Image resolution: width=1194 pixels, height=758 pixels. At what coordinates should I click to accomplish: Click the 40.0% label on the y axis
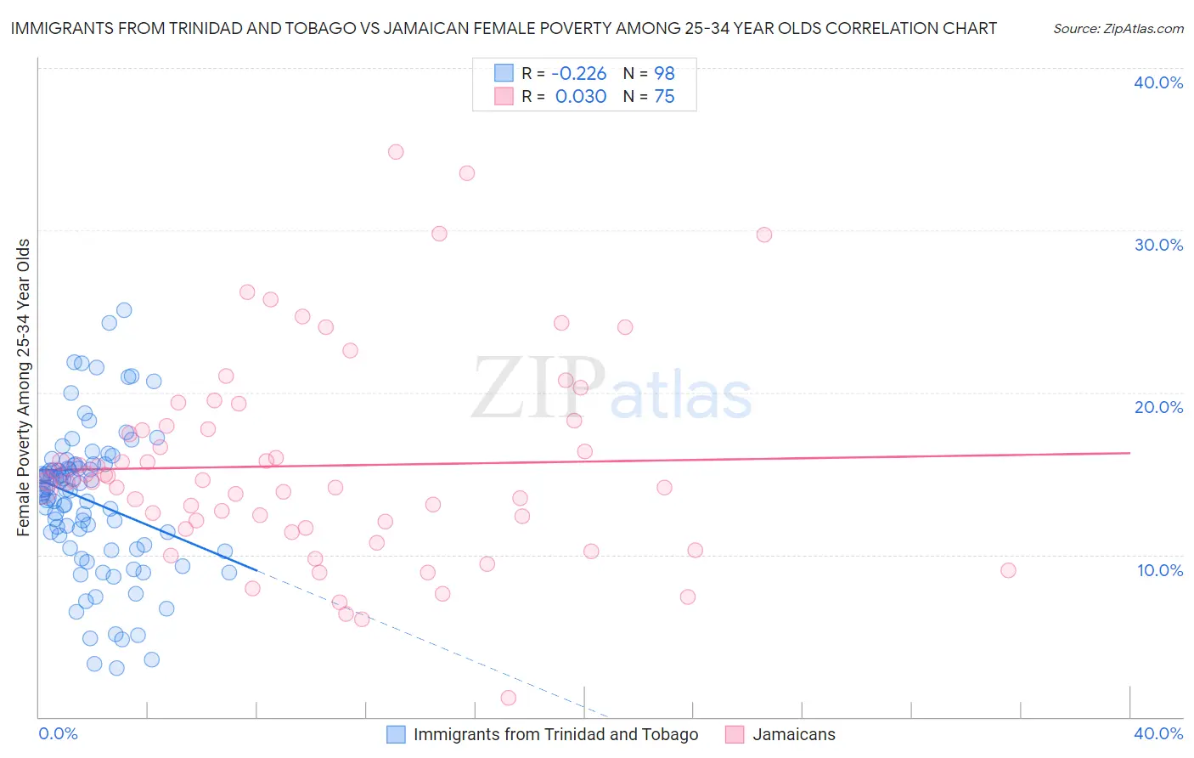click(x=1158, y=82)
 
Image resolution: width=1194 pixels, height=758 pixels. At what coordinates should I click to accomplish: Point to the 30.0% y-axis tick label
click(x=1158, y=245)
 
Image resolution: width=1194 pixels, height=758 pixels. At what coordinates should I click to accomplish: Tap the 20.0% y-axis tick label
click(x=1158, y=407)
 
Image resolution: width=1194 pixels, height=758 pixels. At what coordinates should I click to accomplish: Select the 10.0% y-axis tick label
click(x=1158, y=570)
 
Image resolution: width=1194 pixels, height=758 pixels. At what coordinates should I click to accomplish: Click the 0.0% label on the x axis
click(x=58, y=733)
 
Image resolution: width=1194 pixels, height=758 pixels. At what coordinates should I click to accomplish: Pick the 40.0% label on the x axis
click(x=1158, y=733)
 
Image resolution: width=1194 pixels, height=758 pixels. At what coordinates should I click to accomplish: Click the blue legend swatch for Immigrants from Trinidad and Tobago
click(x=396, y=734)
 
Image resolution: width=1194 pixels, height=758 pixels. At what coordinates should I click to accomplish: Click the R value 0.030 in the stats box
click(x=580, y=97)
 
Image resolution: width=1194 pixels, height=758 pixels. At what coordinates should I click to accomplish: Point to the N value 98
click(x=664, y=74)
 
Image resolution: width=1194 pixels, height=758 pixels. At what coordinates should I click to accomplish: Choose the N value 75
click(x=664, y=97)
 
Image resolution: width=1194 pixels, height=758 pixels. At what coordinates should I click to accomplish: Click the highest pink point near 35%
click(x=396, y=152)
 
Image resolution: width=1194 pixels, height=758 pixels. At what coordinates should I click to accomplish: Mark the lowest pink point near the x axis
click(x=509, y=698)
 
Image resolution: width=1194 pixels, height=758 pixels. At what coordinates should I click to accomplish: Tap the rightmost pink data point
click(x=1008, y=570)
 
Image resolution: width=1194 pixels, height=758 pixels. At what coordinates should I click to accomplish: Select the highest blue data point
click(x=124, y=310)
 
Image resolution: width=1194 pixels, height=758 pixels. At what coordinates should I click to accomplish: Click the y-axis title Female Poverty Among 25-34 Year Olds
click(x=24, y=387)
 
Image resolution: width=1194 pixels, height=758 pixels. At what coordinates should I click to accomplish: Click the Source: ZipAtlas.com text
click(x=1118, y=29)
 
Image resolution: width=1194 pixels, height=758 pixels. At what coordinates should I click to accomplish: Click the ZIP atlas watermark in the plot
click(x=611, y=389)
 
